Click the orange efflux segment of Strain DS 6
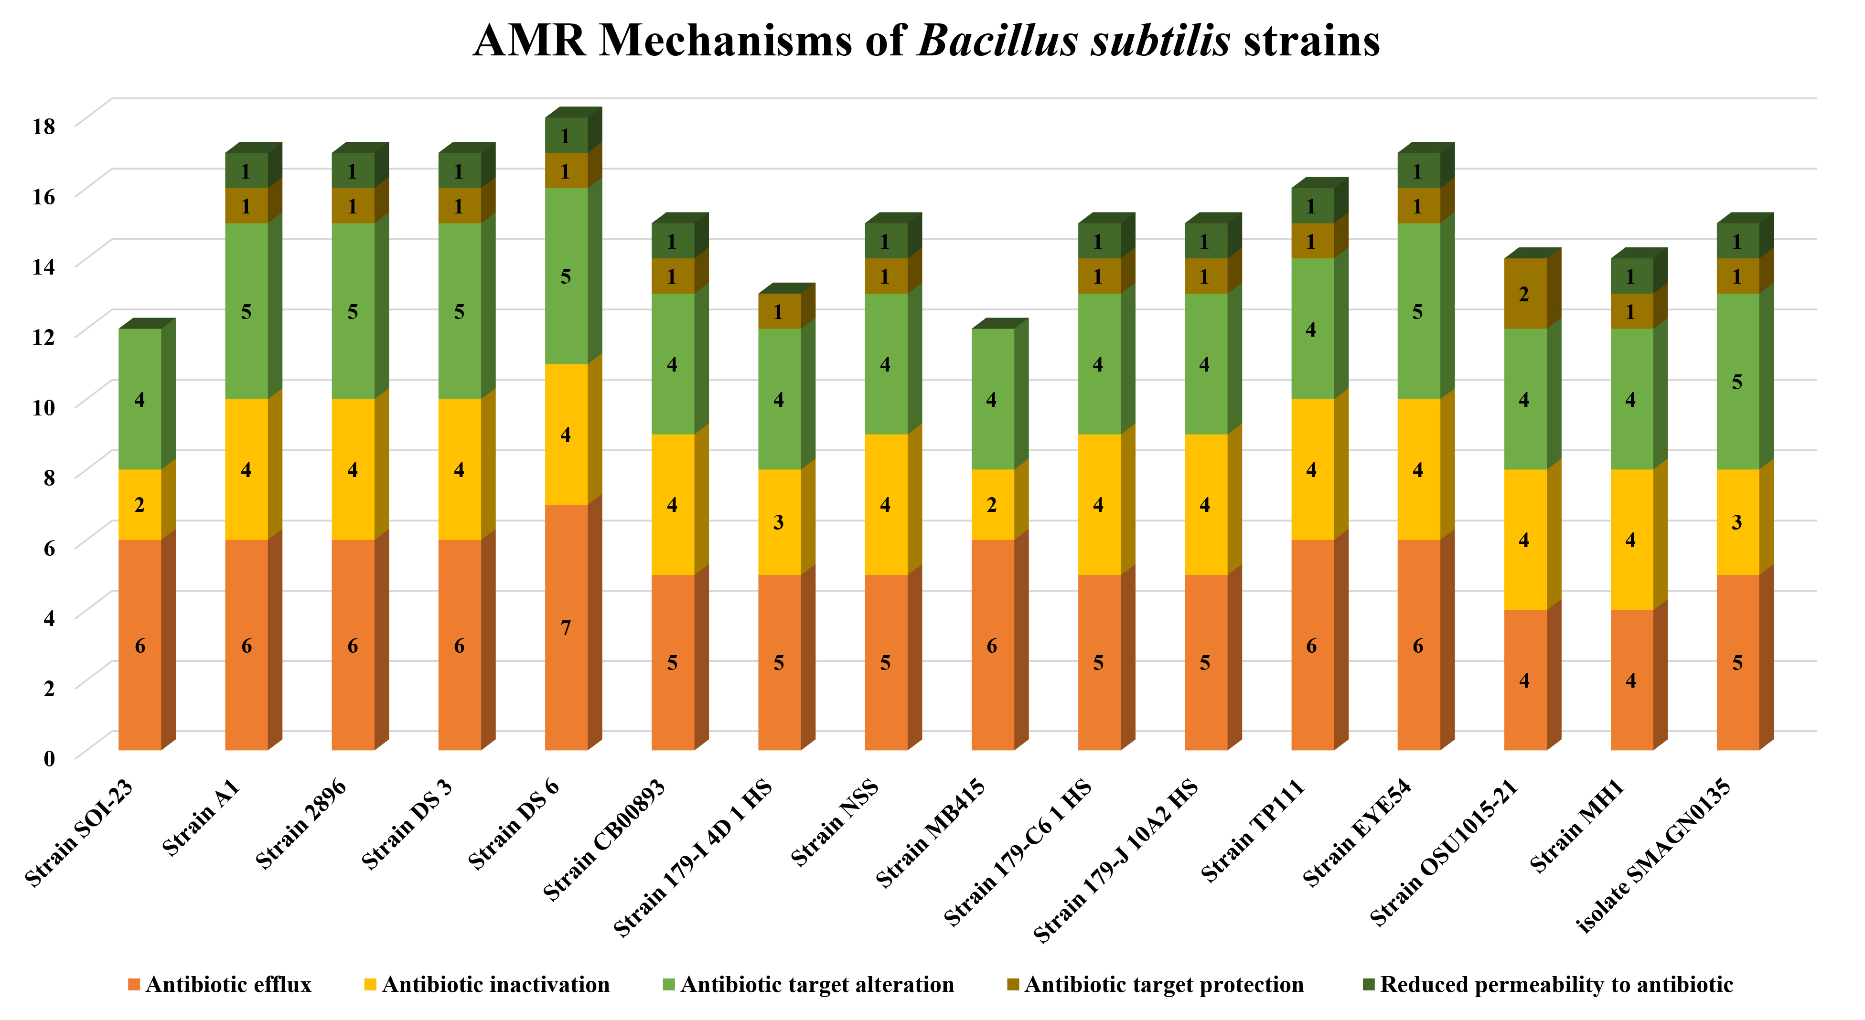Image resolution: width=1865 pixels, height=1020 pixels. (566, 627)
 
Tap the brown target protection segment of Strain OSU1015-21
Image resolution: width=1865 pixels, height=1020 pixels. (1525, 293)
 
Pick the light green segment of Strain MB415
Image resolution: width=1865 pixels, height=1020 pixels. (992, 399)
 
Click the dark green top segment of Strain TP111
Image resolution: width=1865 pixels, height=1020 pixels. (1312, 206)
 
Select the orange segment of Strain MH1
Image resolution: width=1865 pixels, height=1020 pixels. (1631, 680)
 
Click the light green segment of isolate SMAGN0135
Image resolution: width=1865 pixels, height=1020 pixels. (1737, 382)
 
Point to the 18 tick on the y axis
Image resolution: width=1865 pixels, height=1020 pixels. (43, 126)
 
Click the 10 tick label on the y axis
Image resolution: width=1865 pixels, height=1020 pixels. (43, 407)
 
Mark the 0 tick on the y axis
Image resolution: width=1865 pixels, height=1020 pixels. (49, 758)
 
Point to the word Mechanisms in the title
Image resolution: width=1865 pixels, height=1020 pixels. (726, 41)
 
